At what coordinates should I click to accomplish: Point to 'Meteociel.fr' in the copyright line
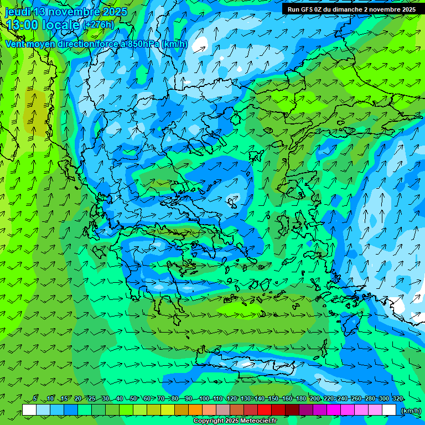(x=255, y=421)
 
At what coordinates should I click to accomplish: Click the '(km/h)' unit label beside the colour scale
(x=410, y=411)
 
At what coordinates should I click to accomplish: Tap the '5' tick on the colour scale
(x=35, y=399)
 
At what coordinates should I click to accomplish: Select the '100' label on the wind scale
(x=204, y=399)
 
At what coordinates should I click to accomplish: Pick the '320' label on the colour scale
(x=397, y=399)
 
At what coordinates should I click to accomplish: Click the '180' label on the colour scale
(x=301, y=399)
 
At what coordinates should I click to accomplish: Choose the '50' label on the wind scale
(x=133, y=399)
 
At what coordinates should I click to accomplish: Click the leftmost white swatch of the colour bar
(x=29, y=410)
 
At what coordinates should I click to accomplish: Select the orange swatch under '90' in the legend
(x=195, y=410)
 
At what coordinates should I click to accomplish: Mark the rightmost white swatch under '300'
(x=389, y=410)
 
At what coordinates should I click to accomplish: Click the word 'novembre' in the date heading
(x=77, y=12)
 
